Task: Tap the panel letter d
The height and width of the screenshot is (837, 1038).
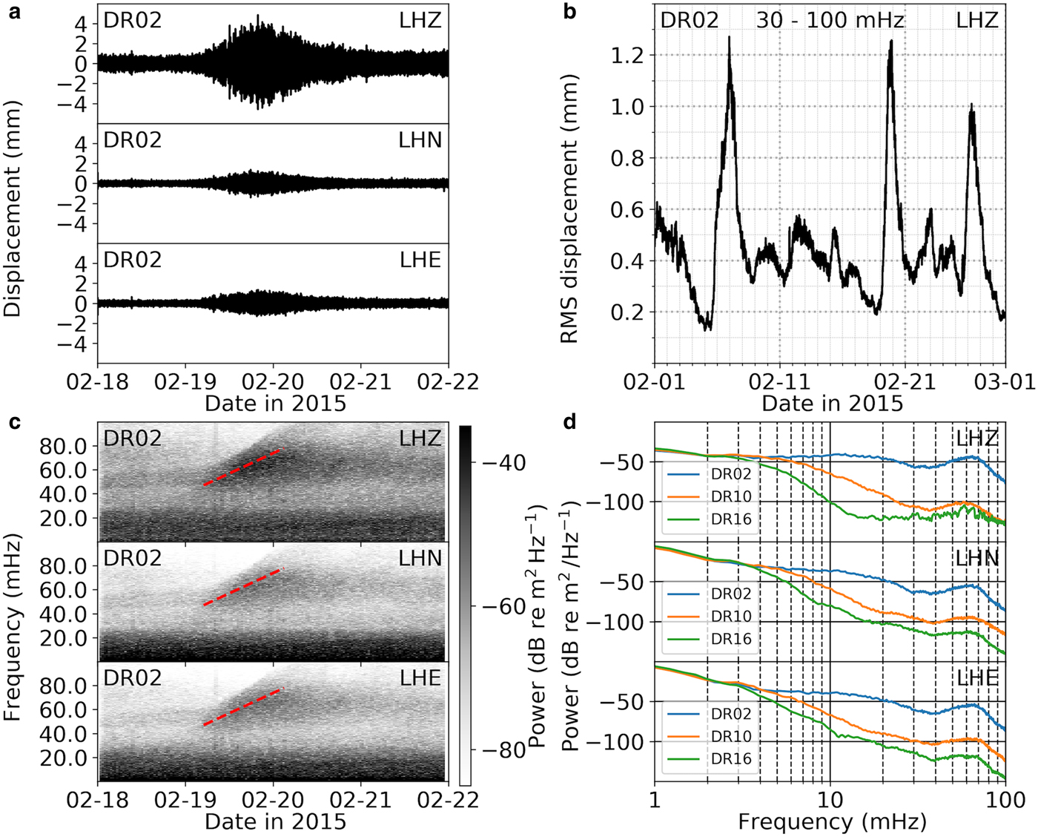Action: (x=569, y=422)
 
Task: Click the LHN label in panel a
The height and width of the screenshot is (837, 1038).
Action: (x=420, y=139)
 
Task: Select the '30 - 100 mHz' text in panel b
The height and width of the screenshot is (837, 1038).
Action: (x=830, y=20)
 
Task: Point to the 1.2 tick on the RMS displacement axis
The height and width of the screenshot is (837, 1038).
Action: (x=627, y=56)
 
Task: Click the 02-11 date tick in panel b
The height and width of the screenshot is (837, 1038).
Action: (x=780, y=381)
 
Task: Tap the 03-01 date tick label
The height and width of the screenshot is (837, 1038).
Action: (x=1005, y=381)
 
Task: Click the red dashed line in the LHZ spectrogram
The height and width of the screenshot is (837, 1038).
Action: (x=243, y=467)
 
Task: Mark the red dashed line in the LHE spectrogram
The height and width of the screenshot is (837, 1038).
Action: (x=243, y=706)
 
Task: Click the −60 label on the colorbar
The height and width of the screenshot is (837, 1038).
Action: (x=504, y=607)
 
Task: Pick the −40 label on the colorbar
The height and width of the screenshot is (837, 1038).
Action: (x=504, y=463)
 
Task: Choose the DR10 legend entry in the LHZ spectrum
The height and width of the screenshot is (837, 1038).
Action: (x=731, y=496)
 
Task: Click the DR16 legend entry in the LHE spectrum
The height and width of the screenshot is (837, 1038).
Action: (x=731, y=759)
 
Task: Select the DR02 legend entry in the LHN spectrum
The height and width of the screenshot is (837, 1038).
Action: (x=731, y=594)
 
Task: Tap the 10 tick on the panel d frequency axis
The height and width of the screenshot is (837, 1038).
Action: (x=830, y=799)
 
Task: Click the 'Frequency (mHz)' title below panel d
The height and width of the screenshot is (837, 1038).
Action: (x=832, y=821)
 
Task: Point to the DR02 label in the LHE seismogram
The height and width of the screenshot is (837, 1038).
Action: (x=133, y=260)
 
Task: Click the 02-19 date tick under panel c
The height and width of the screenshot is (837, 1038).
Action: (x=186, y=799)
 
